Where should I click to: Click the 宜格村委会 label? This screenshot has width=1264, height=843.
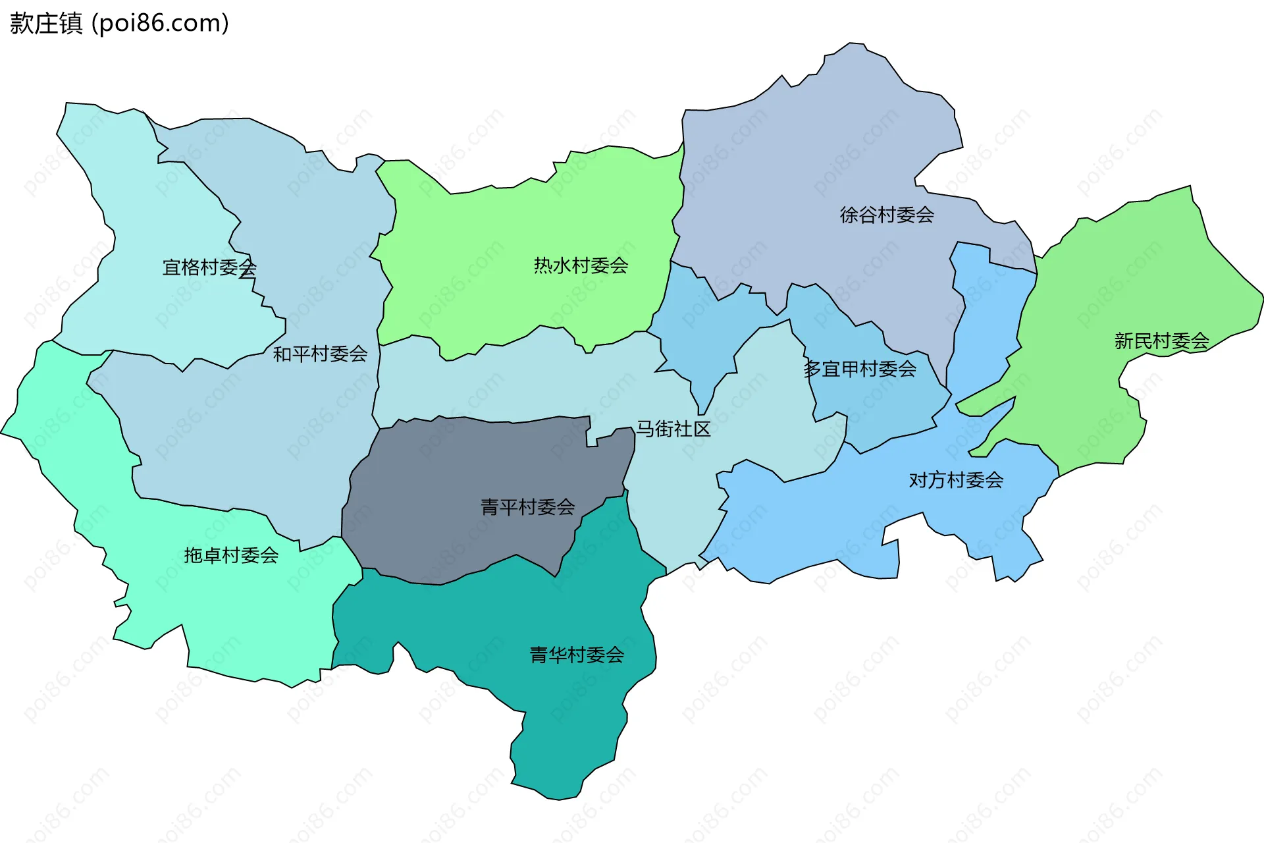coord(209,267)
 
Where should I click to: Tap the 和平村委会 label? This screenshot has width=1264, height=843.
coord(320,354)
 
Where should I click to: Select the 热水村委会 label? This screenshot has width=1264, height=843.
coord(581,266)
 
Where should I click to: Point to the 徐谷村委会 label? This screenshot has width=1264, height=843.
coord(887,215)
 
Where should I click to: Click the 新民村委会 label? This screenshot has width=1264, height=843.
coord(1161,341)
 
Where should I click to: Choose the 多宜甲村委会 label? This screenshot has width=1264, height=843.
coord(859,369)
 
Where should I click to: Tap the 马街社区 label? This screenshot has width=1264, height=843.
coord(673,429)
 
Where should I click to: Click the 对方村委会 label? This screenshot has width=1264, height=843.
coord(956,480)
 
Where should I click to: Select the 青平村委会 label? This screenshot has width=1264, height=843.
coord(527,507)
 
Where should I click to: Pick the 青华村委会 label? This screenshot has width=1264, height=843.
coord(577,655)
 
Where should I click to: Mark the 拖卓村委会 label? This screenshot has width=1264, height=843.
coord(231,555)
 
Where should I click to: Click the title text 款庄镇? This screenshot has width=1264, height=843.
coord(46,23)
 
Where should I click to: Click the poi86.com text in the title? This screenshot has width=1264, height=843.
coord(160,23)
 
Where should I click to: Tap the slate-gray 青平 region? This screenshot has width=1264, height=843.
coord(461,474)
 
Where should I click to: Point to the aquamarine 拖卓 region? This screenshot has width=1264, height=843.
coord(250,612)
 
